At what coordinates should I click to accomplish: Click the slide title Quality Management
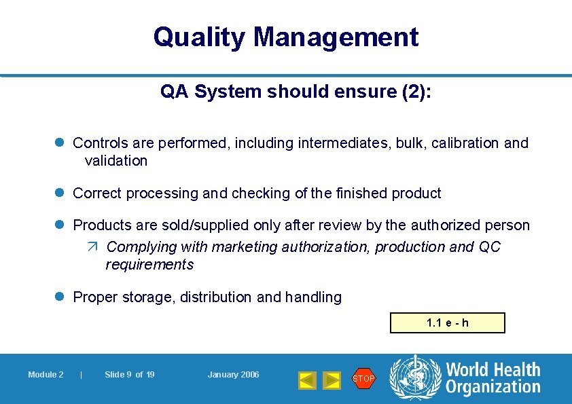pyautogui.click(x=285, y=37)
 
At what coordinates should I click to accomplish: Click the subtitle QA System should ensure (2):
pyautogui.click(x=296, y=92)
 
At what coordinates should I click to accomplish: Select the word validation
pyautogui.click(x=115, y=161)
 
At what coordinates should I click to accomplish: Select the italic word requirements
pyautogui.click(x=149, y=265)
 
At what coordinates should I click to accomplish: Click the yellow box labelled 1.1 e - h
pyautogui.click(x=447, y=323)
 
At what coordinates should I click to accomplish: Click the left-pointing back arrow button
pyautogui.click(x=308, y=380)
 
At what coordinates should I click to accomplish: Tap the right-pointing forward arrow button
pyautogui.click(x=331, y=380)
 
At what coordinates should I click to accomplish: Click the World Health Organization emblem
pyautogui.click(x=414, y=378)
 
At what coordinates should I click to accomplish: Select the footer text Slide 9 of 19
pyautogui.click(x=129, y=375)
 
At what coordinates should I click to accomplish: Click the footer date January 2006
pyautogui.click(x=233, y=375)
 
